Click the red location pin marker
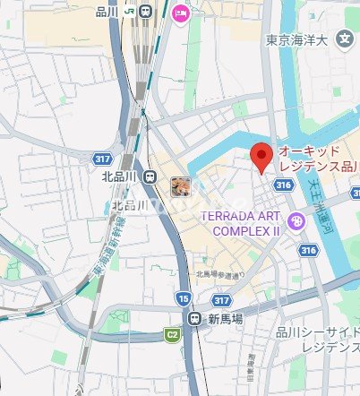[x=260, y=157]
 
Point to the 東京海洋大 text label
[x=299, y=39]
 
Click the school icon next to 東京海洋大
[x=344, y=39]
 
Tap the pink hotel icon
[x=181, y=13]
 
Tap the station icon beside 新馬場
[x=194, y=318]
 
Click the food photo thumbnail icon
[x=180, y=186]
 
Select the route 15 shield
[x=183, y=297]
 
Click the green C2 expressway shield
[x=172, y=335]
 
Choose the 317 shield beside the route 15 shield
[x=221, y=300]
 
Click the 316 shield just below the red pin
[x=283, y=185]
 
